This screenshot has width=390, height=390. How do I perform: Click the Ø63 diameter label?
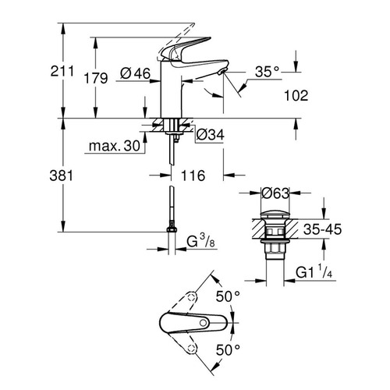tap(278, 193)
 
